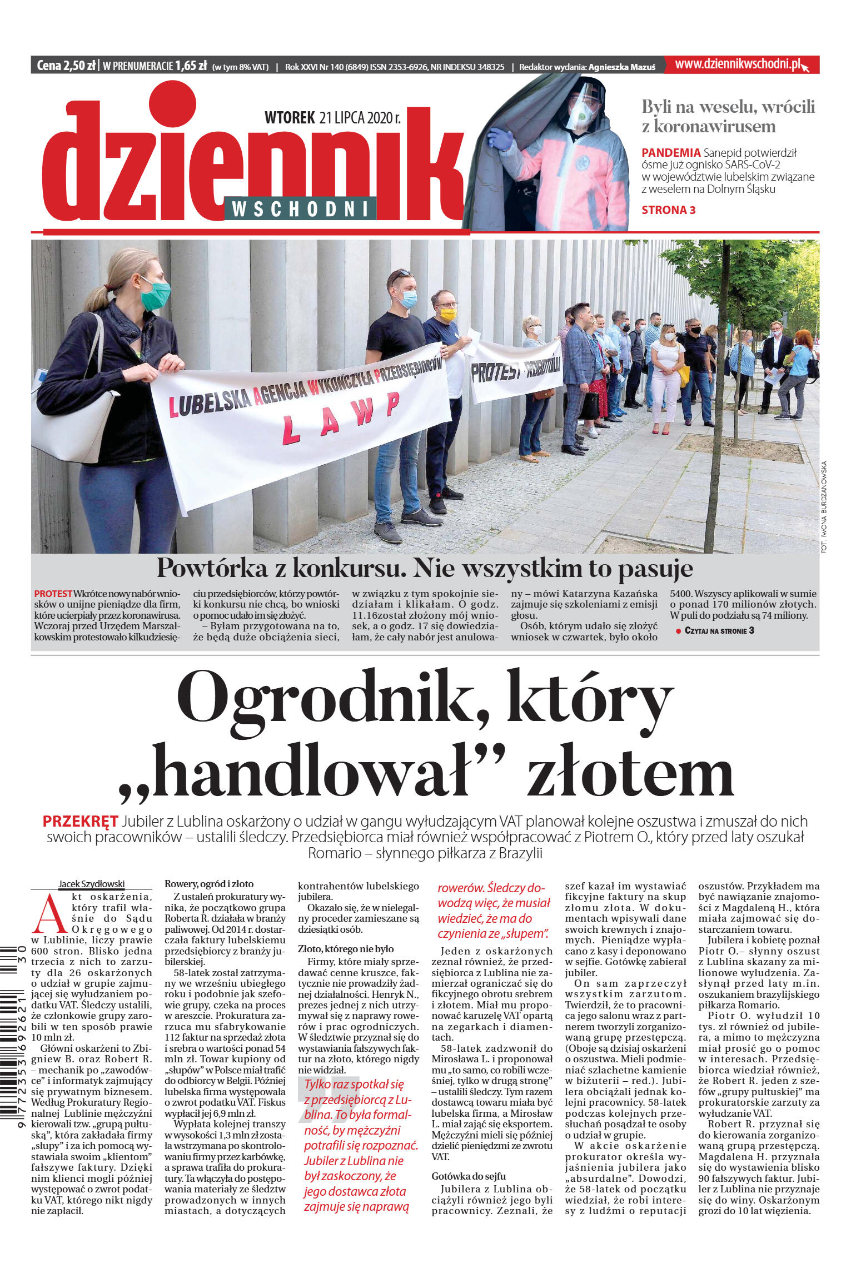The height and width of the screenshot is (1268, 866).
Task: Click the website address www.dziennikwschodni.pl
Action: tap(737, 64)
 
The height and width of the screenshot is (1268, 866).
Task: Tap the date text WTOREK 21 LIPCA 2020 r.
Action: tap(332, 118)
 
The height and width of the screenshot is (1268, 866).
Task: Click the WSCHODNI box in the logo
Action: tap(300, 209)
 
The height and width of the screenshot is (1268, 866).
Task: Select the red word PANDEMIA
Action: tap(670, 152)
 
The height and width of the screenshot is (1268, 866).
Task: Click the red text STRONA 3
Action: tap(668, 210)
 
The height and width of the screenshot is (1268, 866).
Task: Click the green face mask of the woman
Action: tap(155, 294)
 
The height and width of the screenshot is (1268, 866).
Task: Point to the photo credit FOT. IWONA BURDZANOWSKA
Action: tap(823, 506)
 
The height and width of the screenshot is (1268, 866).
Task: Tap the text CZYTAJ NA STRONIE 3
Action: tap(719, 630)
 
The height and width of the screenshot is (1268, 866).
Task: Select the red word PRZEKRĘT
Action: tap(80, 821)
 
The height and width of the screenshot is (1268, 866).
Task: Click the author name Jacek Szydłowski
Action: tap(91, 884)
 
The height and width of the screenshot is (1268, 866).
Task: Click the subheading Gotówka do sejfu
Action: tap(468, 1176)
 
